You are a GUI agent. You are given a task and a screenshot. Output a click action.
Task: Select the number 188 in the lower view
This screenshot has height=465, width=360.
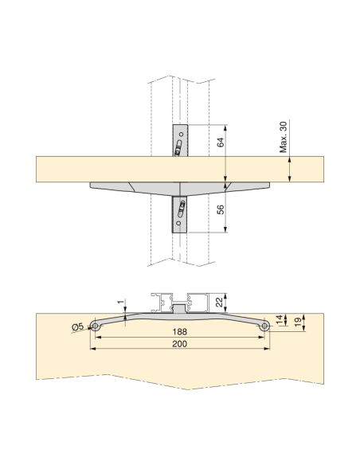pos(182,333)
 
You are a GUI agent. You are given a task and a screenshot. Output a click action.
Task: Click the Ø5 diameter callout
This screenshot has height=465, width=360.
pos(78,327)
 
